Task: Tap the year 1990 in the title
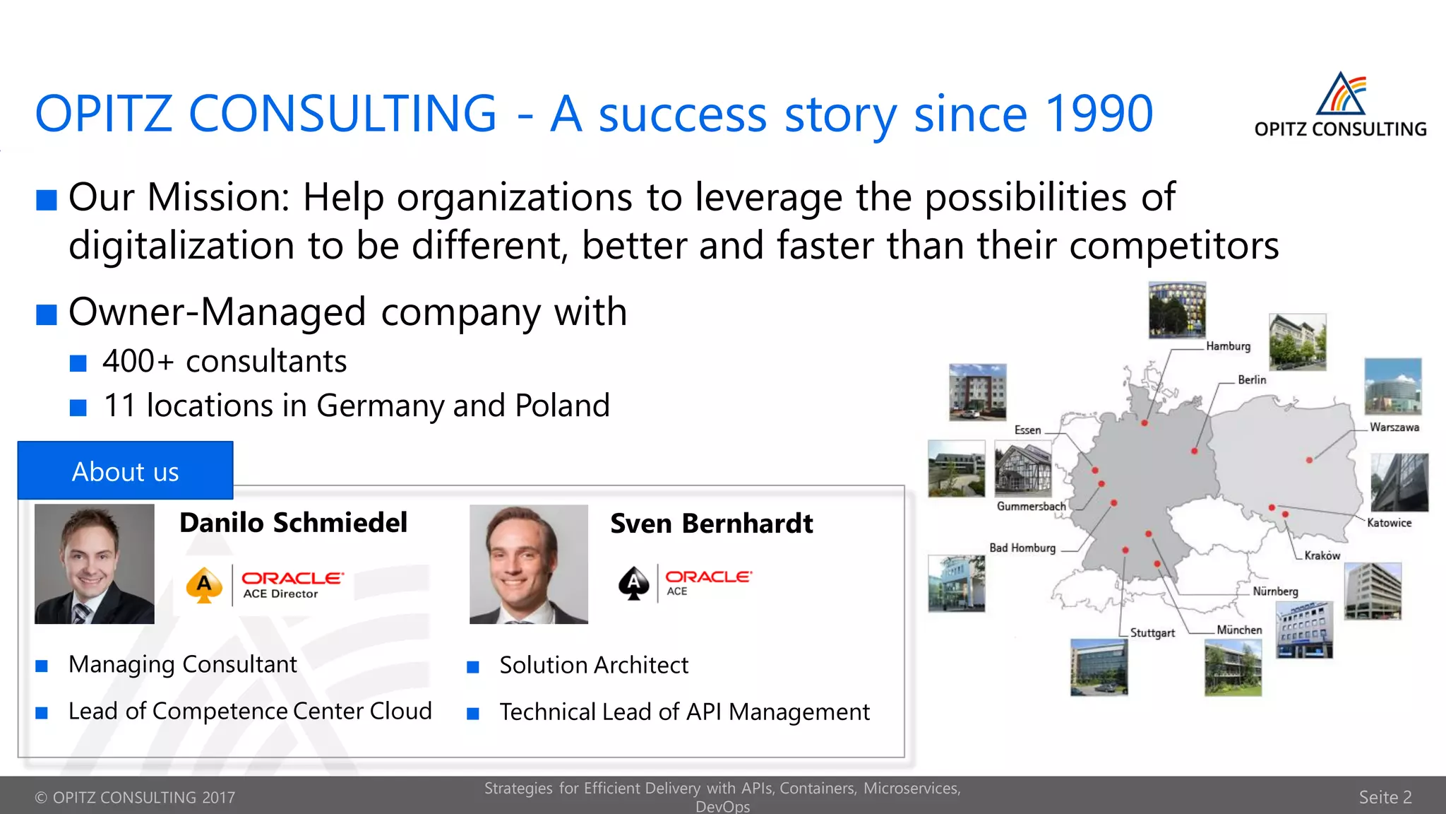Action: coord(1099,114)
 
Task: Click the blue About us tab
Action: coord(125,471)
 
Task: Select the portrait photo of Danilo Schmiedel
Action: coord(95,564)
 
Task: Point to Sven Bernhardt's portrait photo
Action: coord(529,564)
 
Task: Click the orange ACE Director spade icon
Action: coord(204,585)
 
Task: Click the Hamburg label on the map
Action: coord(1228,346)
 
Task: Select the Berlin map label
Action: coord(1252,380)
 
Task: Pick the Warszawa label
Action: coord(1394,427)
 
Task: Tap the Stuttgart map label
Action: coord(1152,633)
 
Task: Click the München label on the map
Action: coord(1239,630)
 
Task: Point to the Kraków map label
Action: coord(1322,555)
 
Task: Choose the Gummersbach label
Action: coord(1031,507)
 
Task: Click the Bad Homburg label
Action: coord(1022,548)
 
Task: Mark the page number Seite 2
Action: coord(1385,797)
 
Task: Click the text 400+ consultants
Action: coord(225,362)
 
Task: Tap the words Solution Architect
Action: coord(593,666)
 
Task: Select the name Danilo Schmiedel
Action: coord(293,523)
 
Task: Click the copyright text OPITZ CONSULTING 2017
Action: coord(135,798)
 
